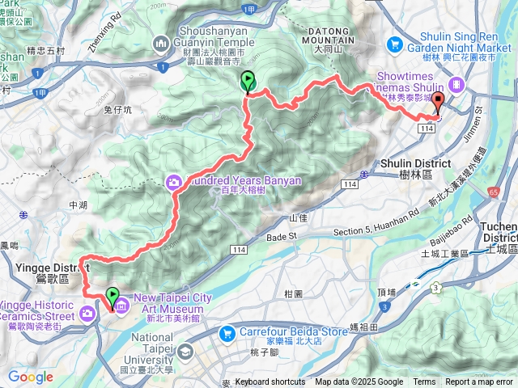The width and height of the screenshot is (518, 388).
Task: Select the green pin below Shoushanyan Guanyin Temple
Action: (x=248, y=82)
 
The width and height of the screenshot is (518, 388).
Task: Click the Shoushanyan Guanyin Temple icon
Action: (x=161, y=43)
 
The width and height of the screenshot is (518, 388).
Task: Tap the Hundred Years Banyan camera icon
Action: (x=174, y=182)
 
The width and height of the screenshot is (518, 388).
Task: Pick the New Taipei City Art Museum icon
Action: (x=121, y=306)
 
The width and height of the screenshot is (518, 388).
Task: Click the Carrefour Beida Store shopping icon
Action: (x=230, y=332)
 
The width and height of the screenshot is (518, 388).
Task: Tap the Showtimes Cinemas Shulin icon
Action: (x=457, y=83)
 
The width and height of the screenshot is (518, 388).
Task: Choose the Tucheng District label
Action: (x=501, y=232)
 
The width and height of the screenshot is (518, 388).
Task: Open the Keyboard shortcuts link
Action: (x=270, y=382)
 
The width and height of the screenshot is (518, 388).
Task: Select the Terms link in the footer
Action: (x=424, y=382)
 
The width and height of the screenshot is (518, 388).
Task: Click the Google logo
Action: (x=30, y=376)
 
